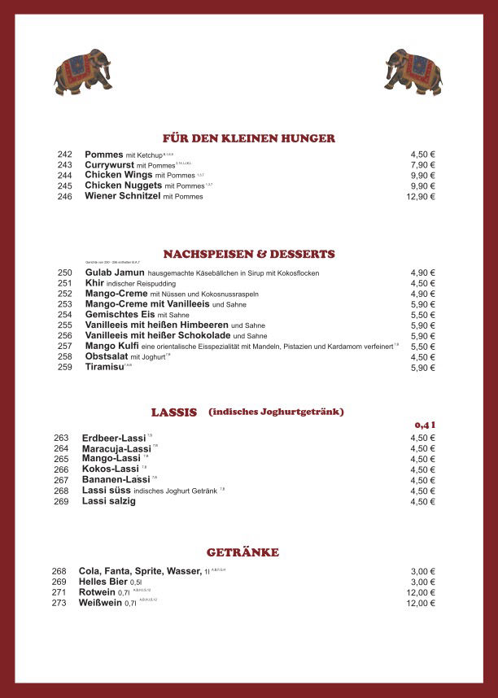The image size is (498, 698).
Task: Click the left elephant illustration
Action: tap(82, 72)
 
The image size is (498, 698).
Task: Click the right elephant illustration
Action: tap(413, 72)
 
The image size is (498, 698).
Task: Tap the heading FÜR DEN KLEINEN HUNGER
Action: tap(249, 138)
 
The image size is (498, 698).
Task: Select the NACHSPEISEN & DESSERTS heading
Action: tap(249, 254)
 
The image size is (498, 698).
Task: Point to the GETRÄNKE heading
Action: tap(242, 552)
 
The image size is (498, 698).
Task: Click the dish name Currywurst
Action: tap(110, 165)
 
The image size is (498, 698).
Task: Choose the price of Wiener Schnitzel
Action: tap(421, 197)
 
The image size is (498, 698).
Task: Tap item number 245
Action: tap(65, 186)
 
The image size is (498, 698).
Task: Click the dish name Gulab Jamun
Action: tap(115, 273)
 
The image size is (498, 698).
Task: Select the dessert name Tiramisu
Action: tap(104, 368)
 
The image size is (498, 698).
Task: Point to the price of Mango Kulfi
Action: tap(423, 347)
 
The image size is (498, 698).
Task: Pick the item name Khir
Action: tap(94, 284)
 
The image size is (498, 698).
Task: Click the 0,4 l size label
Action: tap(425, 425)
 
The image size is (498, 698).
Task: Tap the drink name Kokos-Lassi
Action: tap(111, 469)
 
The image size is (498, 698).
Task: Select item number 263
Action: tap(61, 438)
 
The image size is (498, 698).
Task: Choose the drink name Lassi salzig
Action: tap(109, 501)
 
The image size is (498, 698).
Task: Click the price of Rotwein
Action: tap(421, 593)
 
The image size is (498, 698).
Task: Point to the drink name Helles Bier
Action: tap(103, 582)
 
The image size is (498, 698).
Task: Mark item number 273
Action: tap(59, 604)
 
